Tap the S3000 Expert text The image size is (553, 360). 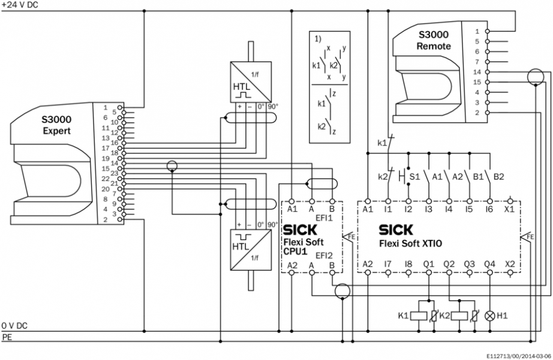(x=56, y=125)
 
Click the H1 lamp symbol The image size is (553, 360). (x=489, y=314)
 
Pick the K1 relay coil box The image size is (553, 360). (x=423, y=315)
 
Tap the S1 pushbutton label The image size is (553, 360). (x=414, y=178)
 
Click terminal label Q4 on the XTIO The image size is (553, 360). (x=489, y=263)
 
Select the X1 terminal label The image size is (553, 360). (x=510, y=209)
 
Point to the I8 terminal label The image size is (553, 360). (x=408, y=263)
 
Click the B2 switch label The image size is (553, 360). (x=498, y=178)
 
